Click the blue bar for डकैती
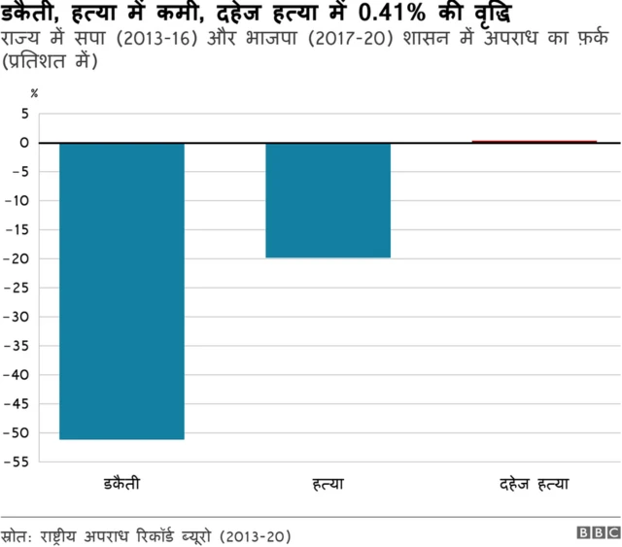[121, 291]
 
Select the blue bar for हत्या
[328, 200]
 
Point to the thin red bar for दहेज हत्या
[534, 142]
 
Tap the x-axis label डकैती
[121, 483]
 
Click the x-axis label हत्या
[328, 483]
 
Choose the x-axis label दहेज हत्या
[534, 483]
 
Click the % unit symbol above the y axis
[35, 93]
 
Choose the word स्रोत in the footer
[16, 535]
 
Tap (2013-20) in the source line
[255, 535]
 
